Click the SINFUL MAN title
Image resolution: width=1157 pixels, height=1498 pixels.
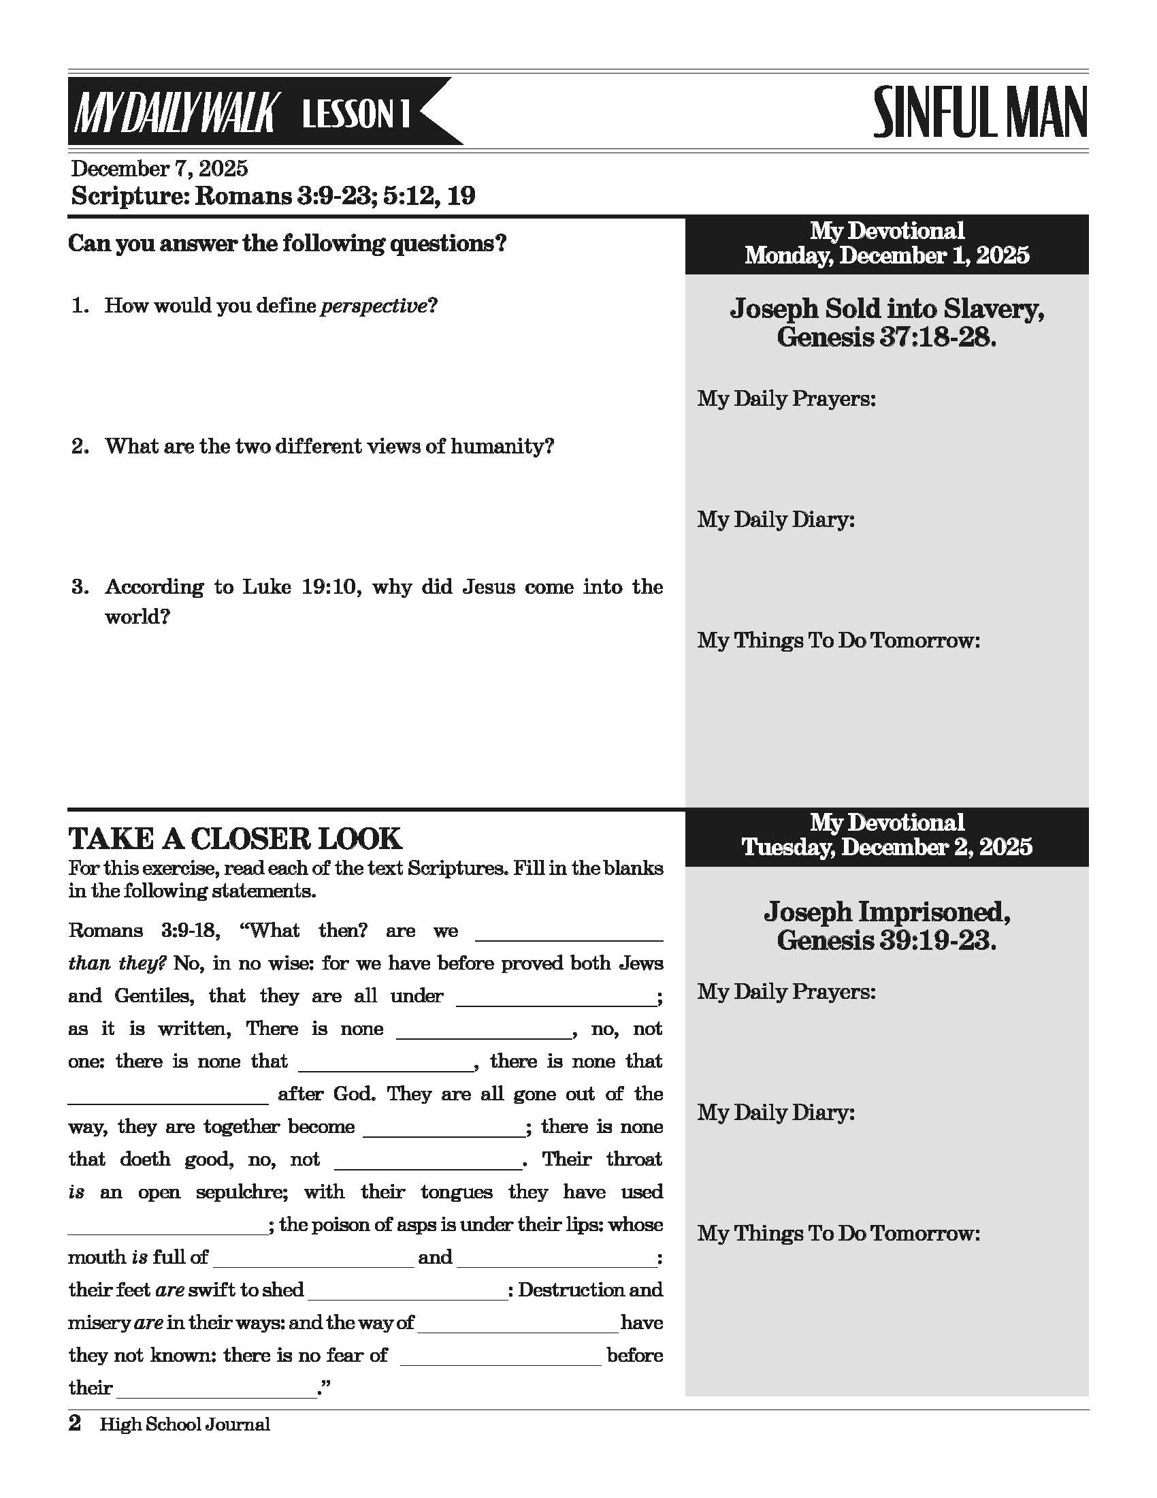[x=979, y=112]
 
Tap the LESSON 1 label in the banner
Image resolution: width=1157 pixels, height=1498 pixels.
[x=356, y=113]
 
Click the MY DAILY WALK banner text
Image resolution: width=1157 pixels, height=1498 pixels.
[x=174, y=113]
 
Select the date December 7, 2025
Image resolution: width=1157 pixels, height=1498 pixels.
[x=159, y=169]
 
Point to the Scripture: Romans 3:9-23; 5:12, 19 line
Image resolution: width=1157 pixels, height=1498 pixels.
[x=273, y=196]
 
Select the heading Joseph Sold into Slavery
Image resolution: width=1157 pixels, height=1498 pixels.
[x=886, y=308]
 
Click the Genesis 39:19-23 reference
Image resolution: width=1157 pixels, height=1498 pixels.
[x=886, y=940]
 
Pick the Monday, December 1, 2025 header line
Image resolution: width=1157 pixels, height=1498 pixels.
[x=886, y=256]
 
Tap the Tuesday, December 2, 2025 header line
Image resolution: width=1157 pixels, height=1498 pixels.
[x=886, y=847]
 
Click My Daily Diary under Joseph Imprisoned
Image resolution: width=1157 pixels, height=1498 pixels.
[x=776, y=1113]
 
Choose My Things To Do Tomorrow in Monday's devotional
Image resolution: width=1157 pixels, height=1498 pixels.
[x=838, y=641]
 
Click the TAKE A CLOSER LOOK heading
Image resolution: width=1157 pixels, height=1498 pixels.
[x=235, y=839]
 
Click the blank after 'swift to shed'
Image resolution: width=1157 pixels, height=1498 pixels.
[x=407, y=1291]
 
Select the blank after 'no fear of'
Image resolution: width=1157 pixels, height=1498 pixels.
[x=500, y=1356]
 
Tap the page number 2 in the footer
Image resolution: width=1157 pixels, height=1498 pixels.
[x=75, y=1424]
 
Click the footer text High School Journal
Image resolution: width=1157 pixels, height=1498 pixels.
[x=185, y=1424]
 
